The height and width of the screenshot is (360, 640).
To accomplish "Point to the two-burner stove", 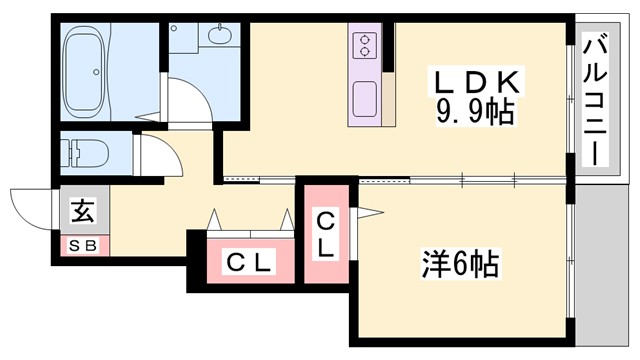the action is [x=364, y=44].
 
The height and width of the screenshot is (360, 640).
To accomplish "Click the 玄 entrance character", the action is [x=81, y=212].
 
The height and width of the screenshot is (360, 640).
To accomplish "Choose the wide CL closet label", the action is [x=248, y=263].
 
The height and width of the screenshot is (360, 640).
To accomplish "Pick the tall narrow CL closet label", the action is [x=326, y=231].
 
